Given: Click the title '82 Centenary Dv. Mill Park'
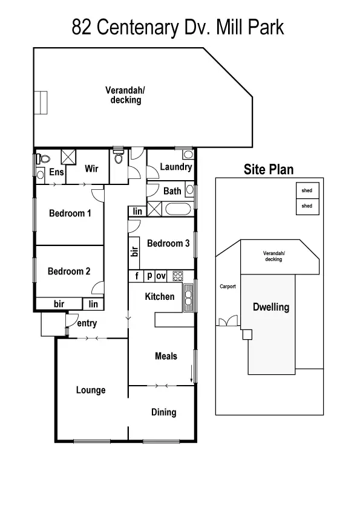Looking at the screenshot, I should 178,27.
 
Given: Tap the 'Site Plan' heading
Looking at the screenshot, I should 269,169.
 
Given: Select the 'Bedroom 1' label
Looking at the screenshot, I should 70,213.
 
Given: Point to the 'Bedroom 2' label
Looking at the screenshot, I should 69,271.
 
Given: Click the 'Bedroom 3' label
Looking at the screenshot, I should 169,243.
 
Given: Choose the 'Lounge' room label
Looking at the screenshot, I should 91,390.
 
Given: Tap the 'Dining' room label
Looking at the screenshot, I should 163,412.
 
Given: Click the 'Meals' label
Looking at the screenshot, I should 166,356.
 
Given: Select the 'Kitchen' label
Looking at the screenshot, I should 160,296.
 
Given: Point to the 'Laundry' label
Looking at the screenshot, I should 175,167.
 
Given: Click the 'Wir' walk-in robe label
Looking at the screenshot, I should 91,169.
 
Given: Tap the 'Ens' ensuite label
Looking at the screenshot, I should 56,172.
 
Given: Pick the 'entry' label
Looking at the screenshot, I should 87,323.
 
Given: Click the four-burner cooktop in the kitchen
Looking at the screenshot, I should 178,276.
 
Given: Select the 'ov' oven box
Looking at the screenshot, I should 161,276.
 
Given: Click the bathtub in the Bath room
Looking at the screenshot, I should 178,211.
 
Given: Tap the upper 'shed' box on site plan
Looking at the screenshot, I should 307,191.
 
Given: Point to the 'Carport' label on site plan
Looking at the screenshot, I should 227,287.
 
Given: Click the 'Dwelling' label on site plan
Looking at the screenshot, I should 270,307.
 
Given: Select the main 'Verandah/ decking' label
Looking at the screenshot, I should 125,95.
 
